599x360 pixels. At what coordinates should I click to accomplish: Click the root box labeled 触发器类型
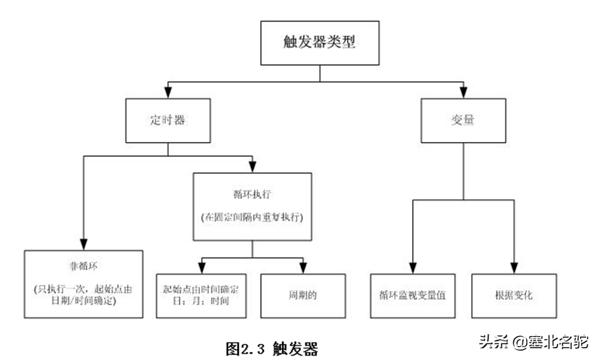tap(319, 42)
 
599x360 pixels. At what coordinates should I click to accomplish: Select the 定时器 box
tap(167, 120)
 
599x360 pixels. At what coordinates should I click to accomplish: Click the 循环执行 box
tap(252, 206)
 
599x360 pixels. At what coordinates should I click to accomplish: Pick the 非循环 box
tap(84, 284)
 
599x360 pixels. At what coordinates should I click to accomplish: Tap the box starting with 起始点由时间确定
tap(201, 296)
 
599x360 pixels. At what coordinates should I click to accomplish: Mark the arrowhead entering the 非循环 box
tap(84, 244)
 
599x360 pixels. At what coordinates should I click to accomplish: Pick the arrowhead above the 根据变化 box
tap(514, 267)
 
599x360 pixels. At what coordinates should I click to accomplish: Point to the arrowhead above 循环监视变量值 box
tap(413, 267)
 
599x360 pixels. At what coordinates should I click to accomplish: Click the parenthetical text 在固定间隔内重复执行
tap(252, 216)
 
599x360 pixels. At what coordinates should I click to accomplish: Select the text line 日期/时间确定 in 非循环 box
tap(84, 301)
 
